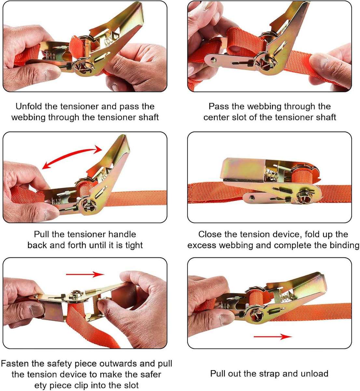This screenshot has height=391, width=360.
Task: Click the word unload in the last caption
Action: point(313,374)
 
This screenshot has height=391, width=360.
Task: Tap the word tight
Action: point(134,245)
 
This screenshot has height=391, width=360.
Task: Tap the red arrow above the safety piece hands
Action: point(85,274)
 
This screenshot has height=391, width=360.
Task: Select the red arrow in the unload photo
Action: point(273,337)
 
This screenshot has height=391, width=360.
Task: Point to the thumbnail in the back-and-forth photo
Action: point(49,214)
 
